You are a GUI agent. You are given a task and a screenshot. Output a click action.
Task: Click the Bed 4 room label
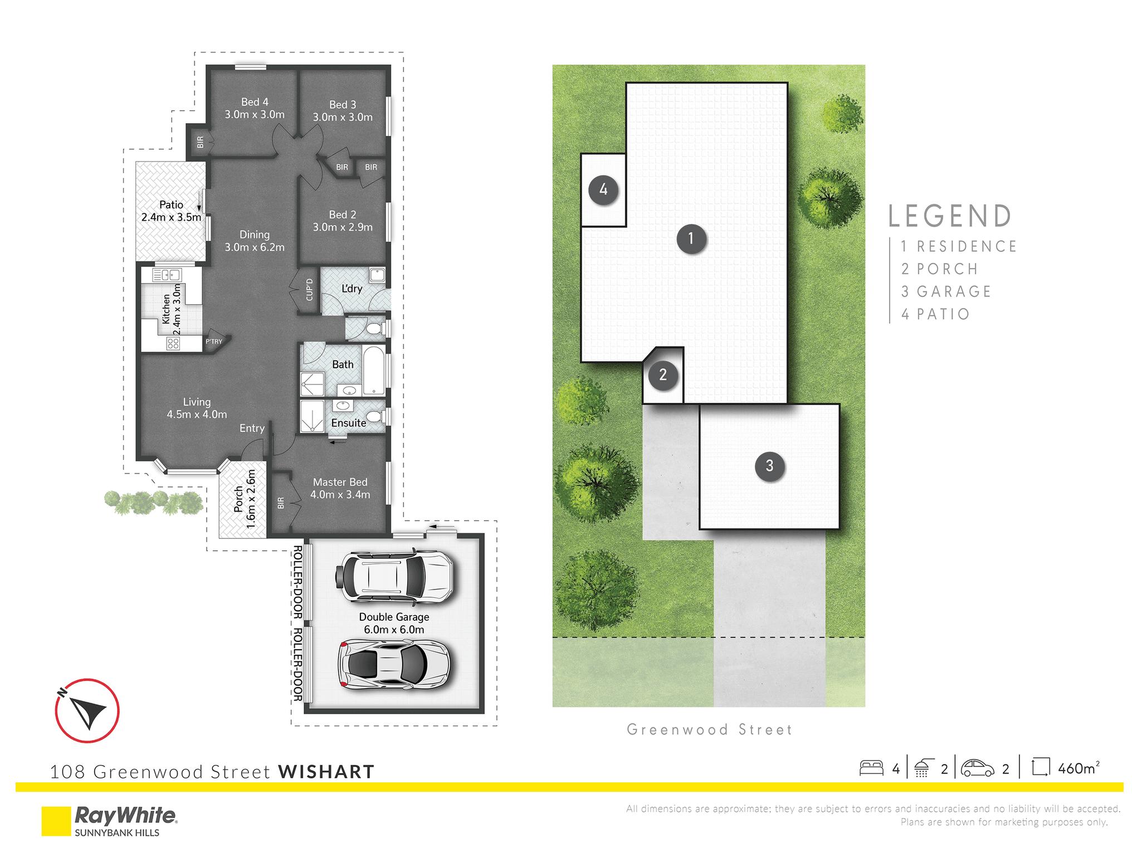coord(255,102)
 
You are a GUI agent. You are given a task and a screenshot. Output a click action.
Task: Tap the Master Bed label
coord(340,482)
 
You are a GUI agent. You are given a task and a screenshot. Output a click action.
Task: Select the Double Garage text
coord(394,617)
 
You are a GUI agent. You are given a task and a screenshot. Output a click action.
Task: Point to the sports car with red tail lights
coord(393,665)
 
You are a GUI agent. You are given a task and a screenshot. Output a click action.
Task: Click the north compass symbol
coord(87,711)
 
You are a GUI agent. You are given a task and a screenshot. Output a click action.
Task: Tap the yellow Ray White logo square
coord(56,821)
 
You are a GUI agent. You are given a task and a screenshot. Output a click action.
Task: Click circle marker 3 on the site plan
coord(769,465)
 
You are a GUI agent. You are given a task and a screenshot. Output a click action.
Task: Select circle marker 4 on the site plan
coord(603,190)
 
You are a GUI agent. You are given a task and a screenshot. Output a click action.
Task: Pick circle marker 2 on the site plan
coord(663,374)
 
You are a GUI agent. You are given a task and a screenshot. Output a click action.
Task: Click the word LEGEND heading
coord(950,216)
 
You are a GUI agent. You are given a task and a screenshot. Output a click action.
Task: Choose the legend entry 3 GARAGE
coord(946,291)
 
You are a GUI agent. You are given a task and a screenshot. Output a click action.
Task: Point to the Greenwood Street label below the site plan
coord(709,729)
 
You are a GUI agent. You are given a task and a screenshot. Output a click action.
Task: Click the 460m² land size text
coord(1079,768)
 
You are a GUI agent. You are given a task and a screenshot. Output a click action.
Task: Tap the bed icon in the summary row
coord(871,768)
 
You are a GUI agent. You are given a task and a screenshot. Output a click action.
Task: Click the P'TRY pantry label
coord(214,342)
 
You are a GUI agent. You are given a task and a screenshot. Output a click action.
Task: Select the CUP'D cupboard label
coord(310,290)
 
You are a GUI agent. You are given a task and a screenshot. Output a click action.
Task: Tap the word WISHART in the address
coord(326,772)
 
